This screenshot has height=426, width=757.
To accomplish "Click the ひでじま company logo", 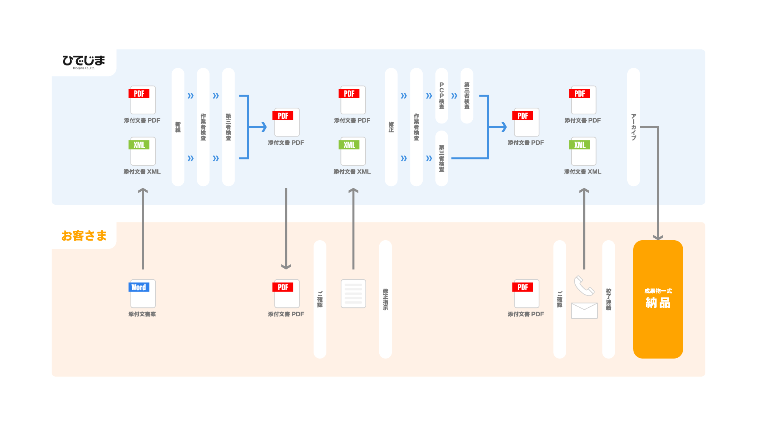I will tap(84, 62).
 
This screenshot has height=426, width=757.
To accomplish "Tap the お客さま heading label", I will tap(84, 235).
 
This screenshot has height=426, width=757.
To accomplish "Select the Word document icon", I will tap(142, 293).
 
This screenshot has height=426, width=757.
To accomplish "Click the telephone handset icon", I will tap(584, 285).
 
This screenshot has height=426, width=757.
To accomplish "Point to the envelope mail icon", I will tap(584, 310).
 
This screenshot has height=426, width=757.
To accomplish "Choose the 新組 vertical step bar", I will tap(178, 127).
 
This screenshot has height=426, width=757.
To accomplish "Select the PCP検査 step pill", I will tap(442, 96).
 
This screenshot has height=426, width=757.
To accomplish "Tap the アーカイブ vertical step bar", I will tap(633, 127).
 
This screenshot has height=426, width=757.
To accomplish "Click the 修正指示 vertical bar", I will tap(385, 299).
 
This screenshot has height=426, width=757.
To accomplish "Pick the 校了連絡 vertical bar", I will tap(608, 299).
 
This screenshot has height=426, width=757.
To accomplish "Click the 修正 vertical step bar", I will tap(391, 127).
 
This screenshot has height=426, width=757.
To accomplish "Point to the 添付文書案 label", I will tap(142, 314).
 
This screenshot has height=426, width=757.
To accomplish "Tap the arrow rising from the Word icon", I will tap(143, 229).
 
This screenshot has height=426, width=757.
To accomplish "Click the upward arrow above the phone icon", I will tap(584, 229).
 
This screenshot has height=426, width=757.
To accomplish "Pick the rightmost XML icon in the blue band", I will tap(583, 151).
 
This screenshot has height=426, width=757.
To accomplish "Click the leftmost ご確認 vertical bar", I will tap(320, 299).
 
